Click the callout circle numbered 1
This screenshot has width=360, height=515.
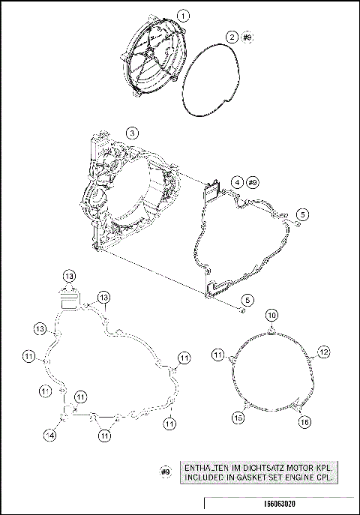click(x=184, y=15)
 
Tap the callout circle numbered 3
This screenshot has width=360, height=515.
click(x=132, y=133)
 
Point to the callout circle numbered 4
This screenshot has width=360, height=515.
click(x=236, y=182)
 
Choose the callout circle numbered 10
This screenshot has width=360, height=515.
click(x=273, y=315)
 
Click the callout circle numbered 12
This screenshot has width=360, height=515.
click(x=324, y=351)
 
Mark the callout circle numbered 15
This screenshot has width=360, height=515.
click(x=238, y=418)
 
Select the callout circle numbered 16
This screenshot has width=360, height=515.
click(x=304, y=422)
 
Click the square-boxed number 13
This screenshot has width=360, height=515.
click(x=69, y=276)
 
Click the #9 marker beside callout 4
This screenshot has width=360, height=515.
click(x=253, y=182)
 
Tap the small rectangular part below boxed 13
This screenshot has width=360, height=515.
click(x=69, y=301)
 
